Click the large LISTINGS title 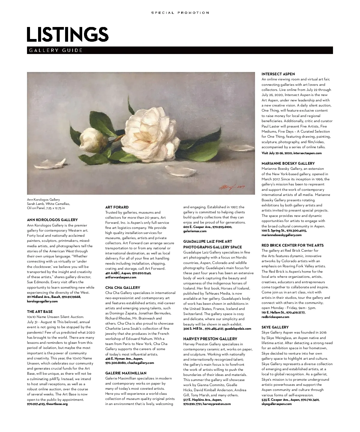point(67,34)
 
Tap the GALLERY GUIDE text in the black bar point(56,50)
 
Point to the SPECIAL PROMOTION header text point(180,13)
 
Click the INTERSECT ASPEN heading point(278,74)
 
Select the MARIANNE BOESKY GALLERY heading point(288,163)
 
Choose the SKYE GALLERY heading point(275,327)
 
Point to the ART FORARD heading point(117,207)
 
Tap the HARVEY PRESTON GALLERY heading point(210,339)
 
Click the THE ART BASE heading point(40,312)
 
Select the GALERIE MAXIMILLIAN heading point(126,373)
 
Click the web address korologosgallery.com point(42,301)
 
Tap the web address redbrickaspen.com point(275,317)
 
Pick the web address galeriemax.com point(195,231)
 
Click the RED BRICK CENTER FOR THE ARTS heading point(292,245)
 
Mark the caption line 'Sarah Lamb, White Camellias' point(49,204)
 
